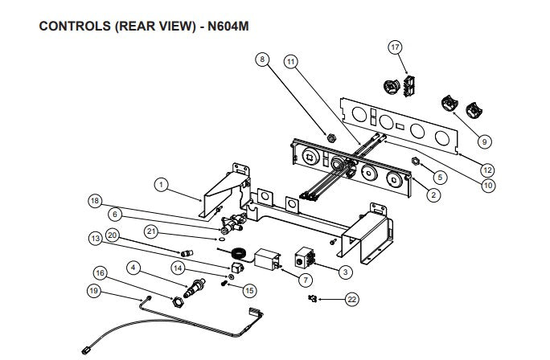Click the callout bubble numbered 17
(395, 47)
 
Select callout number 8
(262, 59)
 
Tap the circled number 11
(291, 60)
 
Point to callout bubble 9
(484, 141)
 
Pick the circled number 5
(440, 177)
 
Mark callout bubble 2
(434, 194)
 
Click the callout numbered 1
(161, 185)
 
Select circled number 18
(96, 202)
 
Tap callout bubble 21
(150, 231)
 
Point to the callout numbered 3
(345, 272)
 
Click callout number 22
(351, 299)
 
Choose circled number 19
(94, 292)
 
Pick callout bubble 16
(101, 272)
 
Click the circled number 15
(249, 290)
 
